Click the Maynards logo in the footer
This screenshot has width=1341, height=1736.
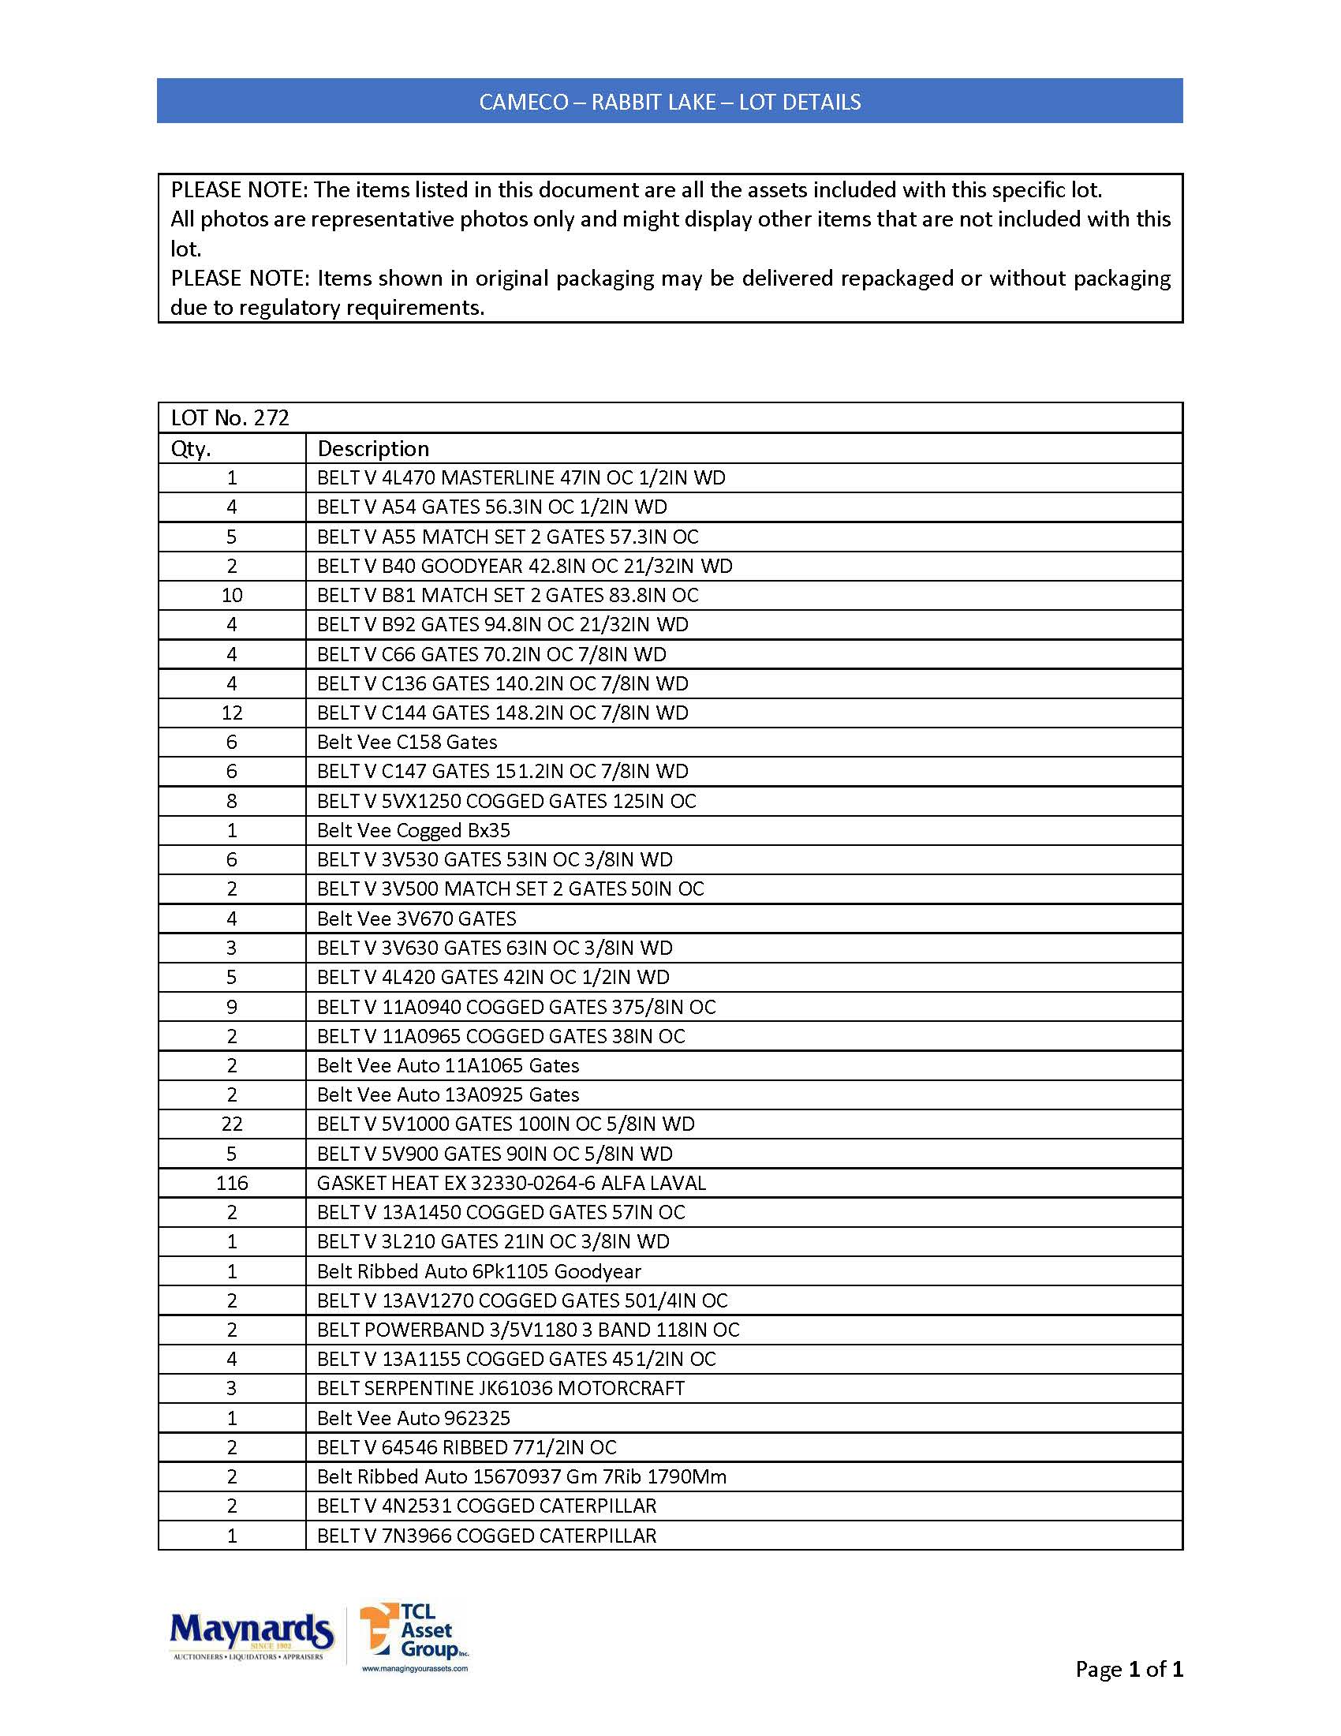click(x=251, y=1635)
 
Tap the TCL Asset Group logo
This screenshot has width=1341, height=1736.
click(x=415, y=1636)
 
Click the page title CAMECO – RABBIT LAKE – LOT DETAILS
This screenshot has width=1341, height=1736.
click(x=670, y=102)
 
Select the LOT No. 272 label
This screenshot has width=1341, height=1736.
click(x=230, y=418)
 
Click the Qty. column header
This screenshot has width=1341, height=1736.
click(x=192, y=449)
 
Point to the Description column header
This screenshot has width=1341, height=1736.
click(x=373, y=449)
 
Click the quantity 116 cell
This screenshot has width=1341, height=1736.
click(x=232, y=1184)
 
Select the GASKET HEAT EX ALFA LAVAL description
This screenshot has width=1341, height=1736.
click(x=511, y=1184)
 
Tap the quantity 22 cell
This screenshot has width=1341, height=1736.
click(x=232, y=1124)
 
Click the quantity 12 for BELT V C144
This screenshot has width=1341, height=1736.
click(x=232, y=713)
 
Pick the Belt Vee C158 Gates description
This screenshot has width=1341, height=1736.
click(x=407, y=743)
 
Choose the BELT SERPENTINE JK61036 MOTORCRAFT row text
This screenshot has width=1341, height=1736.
click(x=500, y=1389)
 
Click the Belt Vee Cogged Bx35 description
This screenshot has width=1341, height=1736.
click(x=413, y=831)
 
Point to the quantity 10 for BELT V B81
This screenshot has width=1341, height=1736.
click(x=232, y=595)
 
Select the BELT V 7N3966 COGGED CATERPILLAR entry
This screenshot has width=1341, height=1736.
click(x=486, y=1536)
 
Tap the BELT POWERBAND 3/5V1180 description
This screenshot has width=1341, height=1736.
click(x=529, y=1330)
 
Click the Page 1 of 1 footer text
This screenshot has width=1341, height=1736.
click(x=1129, y=1670)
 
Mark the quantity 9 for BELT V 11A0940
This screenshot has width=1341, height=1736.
click(x=232, y=1007)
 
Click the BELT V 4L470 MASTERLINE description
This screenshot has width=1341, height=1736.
click(x=521, y=477)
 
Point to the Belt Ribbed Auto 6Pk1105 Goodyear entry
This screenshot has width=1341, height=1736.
click(x=478, y=1271)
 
